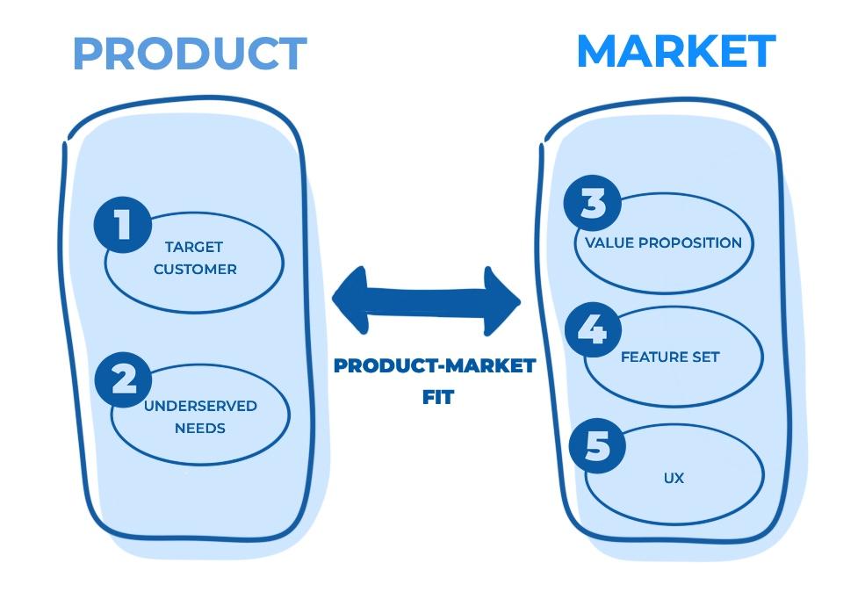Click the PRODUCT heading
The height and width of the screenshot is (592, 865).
190,54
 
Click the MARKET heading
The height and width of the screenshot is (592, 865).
676,51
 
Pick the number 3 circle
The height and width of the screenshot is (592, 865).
593,204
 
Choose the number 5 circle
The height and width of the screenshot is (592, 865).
597,445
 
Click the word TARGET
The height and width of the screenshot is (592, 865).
194,248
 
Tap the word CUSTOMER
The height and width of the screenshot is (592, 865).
195,270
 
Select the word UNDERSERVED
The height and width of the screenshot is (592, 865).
200,406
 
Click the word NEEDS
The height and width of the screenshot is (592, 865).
200,429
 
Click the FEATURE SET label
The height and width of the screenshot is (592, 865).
670,357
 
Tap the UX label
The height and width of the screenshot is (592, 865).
674,479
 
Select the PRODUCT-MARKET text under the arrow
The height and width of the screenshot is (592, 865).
435,366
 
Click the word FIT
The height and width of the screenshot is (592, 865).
436,397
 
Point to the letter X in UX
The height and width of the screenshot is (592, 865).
679,479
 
